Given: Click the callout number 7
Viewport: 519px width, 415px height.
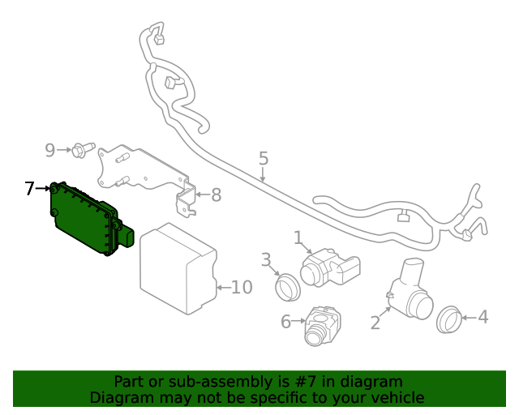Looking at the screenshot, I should point(29,189).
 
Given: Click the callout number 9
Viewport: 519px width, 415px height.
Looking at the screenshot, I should point(49,150).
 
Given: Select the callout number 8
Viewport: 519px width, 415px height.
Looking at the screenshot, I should point(216,195).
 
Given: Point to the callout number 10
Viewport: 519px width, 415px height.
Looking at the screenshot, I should point(242,287).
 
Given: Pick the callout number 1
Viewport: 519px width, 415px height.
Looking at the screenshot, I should point(298,237).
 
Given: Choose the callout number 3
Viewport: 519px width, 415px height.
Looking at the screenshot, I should point(265,259).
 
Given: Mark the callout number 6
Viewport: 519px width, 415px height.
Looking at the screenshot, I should point(285,322).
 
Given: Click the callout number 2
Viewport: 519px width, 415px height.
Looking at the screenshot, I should point(375,323).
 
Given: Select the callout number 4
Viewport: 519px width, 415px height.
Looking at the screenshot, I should point(483,317).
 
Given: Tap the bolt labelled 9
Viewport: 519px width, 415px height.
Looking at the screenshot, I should point(79,150).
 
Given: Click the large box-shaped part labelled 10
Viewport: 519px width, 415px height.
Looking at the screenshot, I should point(177,268).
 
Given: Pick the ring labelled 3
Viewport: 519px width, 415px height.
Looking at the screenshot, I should point(287,286).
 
